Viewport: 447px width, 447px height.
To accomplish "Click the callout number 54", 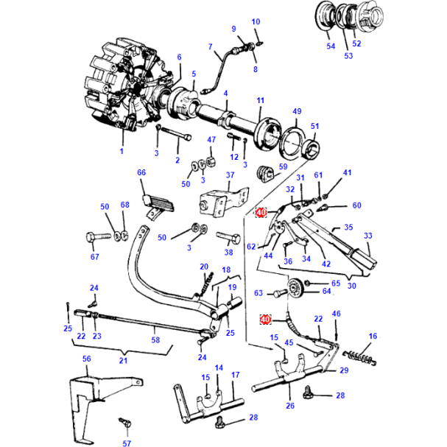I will coord(331,46).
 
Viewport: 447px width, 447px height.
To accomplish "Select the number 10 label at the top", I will coord(256,22).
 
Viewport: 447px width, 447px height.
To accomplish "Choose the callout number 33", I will coord(367,236).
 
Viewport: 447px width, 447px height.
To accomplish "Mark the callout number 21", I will coord(123,361).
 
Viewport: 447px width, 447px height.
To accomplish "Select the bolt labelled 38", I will coord(228,237).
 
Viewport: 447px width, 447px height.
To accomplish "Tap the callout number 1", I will coord(122,151).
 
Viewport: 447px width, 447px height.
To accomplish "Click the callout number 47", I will coord(211,139).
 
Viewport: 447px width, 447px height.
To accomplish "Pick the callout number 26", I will coord(289,406).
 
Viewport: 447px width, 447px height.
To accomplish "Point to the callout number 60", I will coord(356,205).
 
